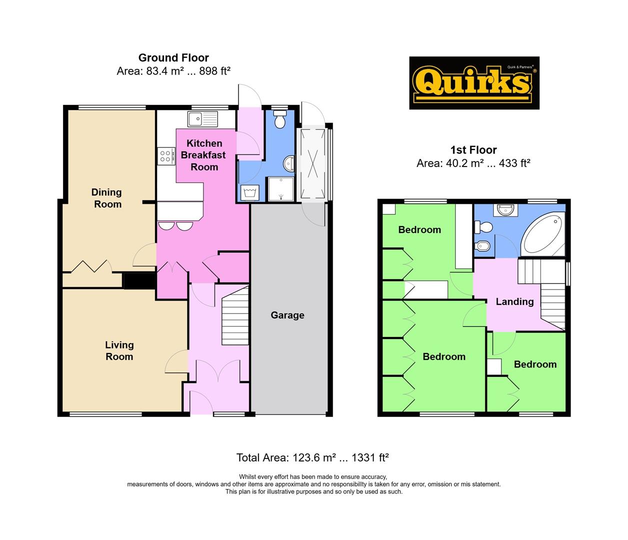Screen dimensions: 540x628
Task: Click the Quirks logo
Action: (474, 82)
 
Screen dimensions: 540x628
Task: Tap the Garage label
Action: (287, 315)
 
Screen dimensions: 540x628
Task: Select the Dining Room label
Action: (107, 198)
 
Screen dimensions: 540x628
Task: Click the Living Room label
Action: (119, 350)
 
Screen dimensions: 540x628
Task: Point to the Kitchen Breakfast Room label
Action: (204, 155)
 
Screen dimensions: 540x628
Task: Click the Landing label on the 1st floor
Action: (514, 301)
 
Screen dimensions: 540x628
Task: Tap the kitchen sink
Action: (203, 119)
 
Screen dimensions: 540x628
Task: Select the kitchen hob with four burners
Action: (165, 155)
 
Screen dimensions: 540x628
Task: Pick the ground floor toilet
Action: (280, 119)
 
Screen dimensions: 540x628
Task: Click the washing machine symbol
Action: (248, 192)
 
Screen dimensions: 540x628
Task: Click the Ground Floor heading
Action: (173, 58)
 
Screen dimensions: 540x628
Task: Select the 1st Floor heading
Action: (473, 150)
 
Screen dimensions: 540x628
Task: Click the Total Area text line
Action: (312, 457)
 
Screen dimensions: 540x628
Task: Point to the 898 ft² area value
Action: (214, 71)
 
